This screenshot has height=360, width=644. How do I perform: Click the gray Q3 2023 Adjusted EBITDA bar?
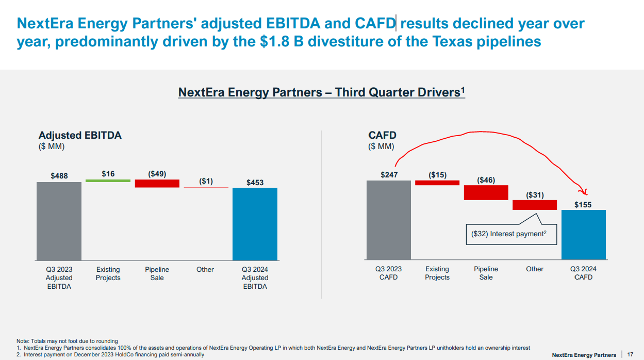(x=59, y=221)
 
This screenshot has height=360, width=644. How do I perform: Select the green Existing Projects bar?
(x=108, y=181)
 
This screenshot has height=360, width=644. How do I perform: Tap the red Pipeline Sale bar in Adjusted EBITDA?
(x=157, y=183)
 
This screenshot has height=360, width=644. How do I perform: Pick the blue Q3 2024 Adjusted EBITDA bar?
(x=255, y=224)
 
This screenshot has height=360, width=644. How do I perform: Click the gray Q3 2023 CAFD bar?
(x=389, y=220)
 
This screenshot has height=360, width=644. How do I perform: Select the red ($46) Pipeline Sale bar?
(x=486, y=192)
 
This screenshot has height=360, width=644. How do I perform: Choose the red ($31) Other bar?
(x=535, y=205)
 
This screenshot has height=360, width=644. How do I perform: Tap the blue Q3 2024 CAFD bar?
(x=583, y=235)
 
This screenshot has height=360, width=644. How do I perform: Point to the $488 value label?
(x=59, y=176)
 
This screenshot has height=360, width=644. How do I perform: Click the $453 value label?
(x=255, y=182)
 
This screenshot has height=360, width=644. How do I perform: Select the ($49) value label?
(x=157, y=174)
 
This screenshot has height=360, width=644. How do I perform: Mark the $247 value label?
(x=389, y=175)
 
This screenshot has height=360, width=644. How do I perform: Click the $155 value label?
(x=583, y=205)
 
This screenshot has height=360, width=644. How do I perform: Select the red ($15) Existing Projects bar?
(x=437, y=183)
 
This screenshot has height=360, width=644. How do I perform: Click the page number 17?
(x=630, y=354)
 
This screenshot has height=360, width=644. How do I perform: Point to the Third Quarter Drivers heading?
(x=321, y=92)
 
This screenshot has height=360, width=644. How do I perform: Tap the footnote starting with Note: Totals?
(x=67, y=341)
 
